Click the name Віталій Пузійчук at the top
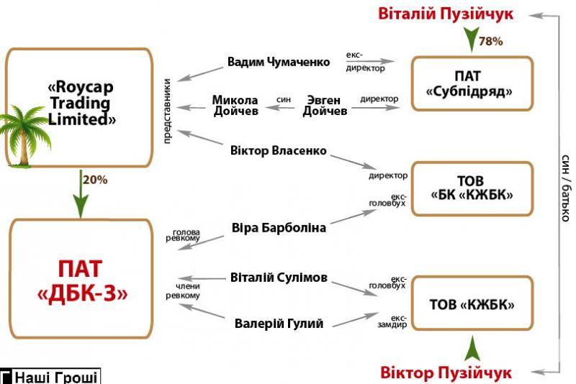(446, 14)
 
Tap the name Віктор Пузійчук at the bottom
(446, 372)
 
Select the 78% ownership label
(491, 42)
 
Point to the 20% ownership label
(95, 180)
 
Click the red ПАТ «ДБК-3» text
(82, 280)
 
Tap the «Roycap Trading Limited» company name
(81, 103)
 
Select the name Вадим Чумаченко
(279, 62)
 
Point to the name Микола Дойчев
(235, 105)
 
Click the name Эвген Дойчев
(325, 105)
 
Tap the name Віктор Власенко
(278, 150)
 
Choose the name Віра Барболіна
(279, 228)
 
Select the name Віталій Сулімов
(279, 278)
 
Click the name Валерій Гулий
(279, 324)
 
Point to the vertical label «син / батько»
(566, 188)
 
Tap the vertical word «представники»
(167, 111)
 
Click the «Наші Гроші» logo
(50, 376)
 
